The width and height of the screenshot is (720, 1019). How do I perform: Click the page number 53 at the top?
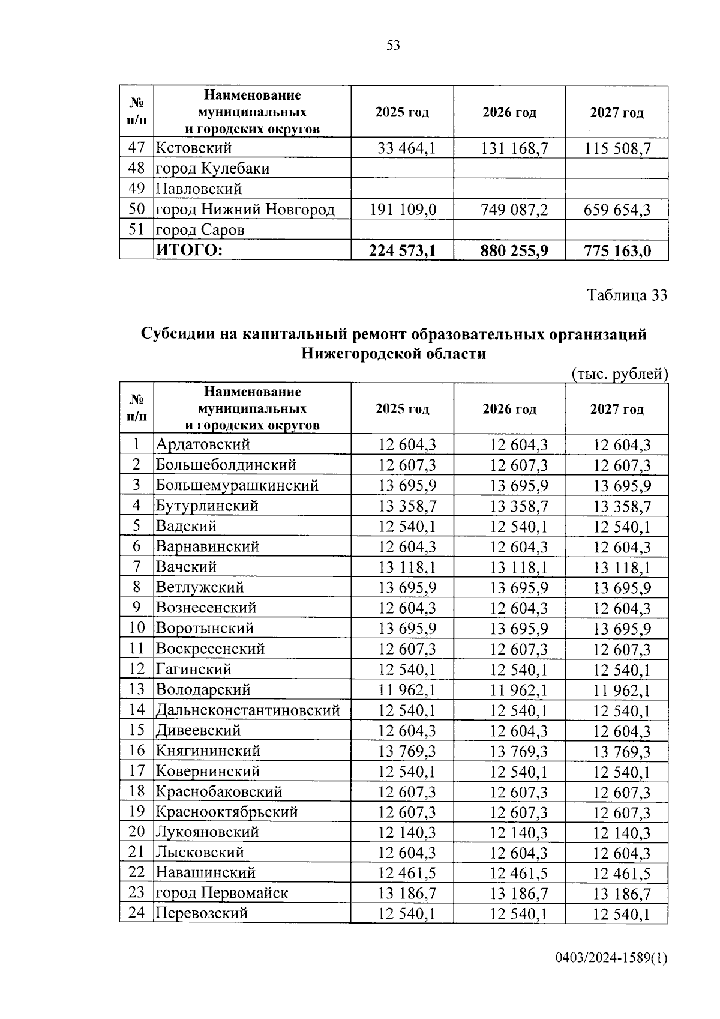tap(394, 46)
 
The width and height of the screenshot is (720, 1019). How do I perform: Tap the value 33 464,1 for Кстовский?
tap(407, 148)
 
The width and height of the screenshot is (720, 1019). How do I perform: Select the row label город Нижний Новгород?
tap(245, 210)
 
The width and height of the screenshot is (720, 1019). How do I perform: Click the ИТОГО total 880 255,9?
tap(514, 250)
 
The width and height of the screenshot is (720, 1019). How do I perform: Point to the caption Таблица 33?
tap(626, 295)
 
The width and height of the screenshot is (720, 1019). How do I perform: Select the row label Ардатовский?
tap(203, 444)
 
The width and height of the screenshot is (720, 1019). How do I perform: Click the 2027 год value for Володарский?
tap(622, 691)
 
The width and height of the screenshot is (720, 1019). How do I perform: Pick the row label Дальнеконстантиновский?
tap(248, 710)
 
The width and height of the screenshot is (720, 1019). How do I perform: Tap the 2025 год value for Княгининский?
tap(407, 751)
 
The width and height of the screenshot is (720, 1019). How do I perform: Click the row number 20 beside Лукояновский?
tap(137, 832)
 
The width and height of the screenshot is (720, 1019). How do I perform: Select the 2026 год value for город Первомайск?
tap(519, 894)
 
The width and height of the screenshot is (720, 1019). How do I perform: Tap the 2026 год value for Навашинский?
tap(519, 873)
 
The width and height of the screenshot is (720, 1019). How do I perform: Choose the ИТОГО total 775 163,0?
tap(617, 250)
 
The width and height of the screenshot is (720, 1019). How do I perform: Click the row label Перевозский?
tap(202, 914)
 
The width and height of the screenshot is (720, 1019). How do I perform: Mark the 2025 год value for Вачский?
tap(407, 567)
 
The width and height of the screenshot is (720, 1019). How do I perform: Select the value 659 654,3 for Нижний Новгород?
tap(617, 210)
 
